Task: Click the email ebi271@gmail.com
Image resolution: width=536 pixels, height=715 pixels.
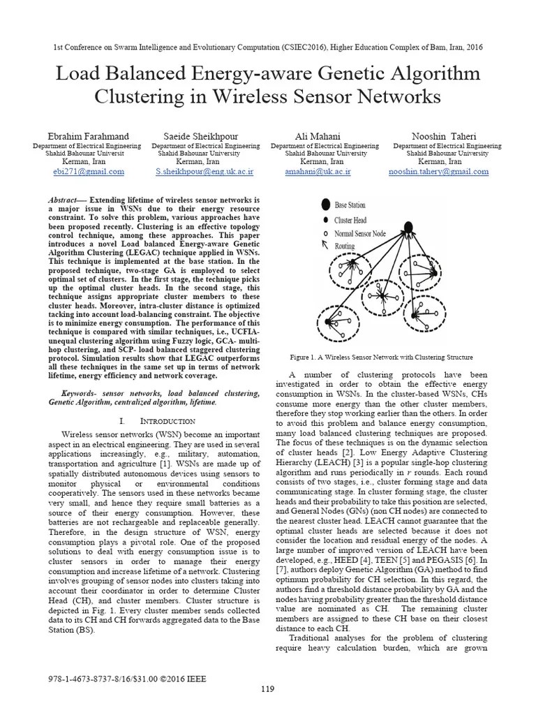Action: (x=88, y=171)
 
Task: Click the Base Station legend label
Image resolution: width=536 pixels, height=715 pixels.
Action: (x=350, y=205)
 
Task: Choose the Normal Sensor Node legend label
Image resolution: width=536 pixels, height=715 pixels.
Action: (x=360, y=233)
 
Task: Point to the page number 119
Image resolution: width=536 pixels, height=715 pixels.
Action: (x=267, y=690)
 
